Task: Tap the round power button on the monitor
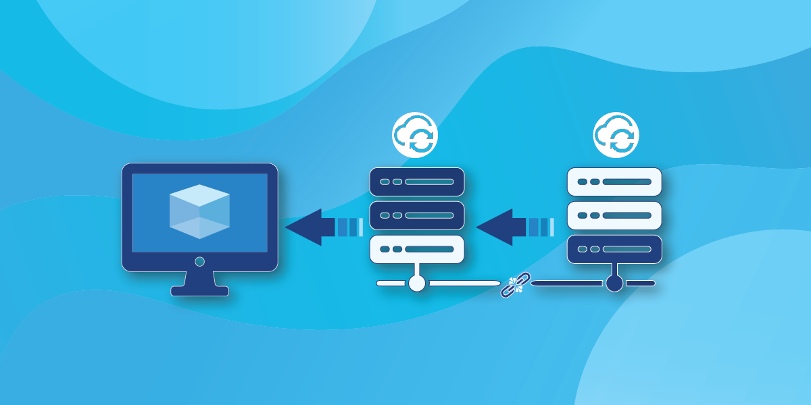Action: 199,261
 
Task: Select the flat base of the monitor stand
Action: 199,291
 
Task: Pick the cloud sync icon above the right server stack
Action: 616,134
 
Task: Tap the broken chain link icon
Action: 516,284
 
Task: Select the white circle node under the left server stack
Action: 417,283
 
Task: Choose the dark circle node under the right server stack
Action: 614,283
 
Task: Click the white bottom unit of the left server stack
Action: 417,249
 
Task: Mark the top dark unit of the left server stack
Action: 417,182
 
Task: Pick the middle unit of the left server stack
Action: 417,215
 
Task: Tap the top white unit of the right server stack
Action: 614,182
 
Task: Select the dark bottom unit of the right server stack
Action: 614,249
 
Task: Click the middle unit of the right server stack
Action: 614,215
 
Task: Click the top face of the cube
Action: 199,194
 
